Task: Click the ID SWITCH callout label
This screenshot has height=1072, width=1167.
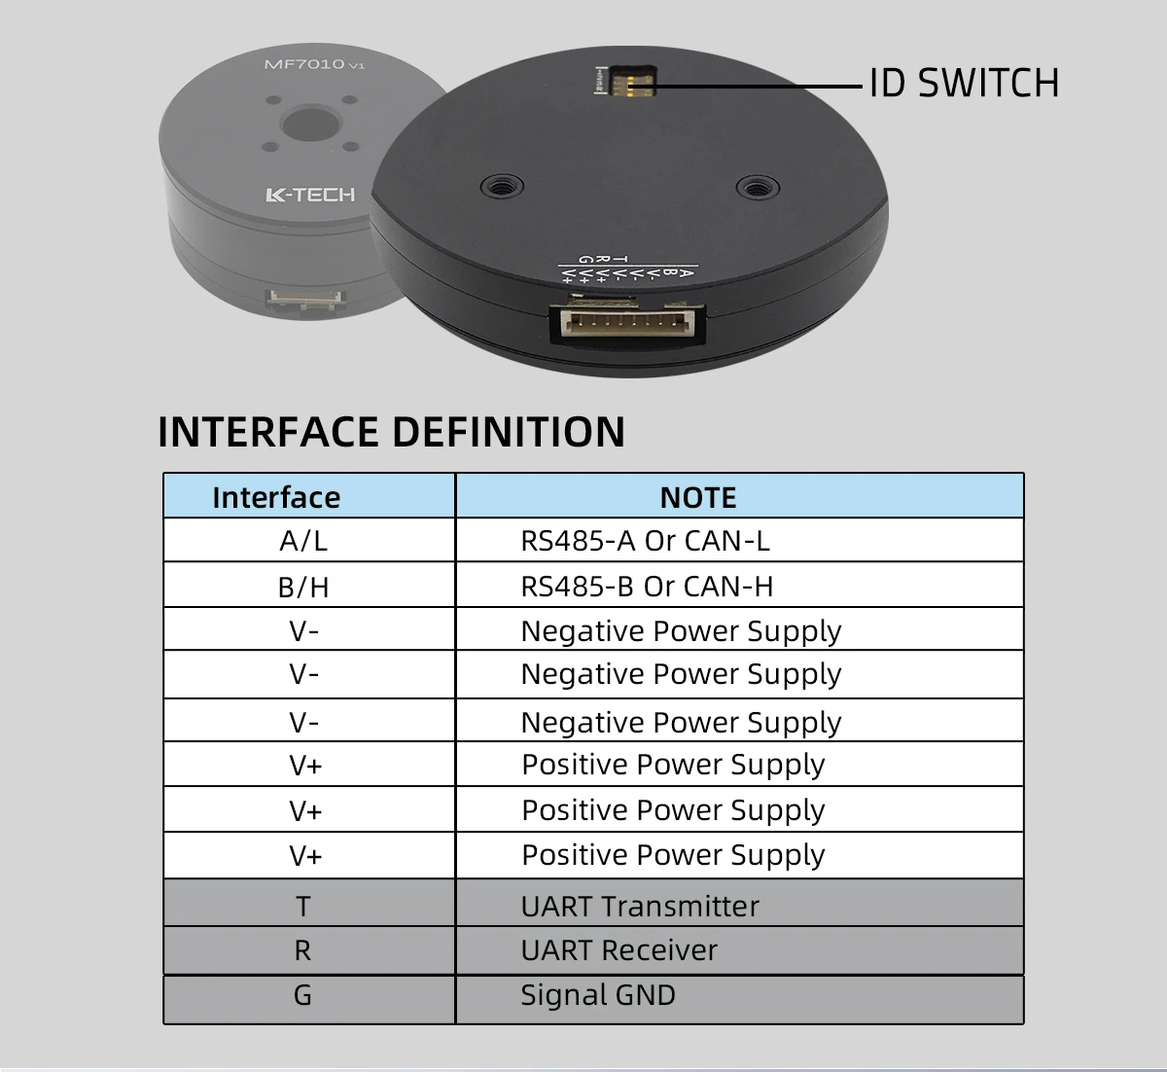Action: pyautogui.click(x=963, y=84)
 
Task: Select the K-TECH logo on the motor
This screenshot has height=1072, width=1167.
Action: pyautogui.click(x=310, y=195)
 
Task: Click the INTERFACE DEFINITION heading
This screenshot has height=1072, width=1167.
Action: pyautogui.click(x=391, y=432)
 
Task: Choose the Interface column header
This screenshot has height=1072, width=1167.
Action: pyautogui.click(x=276, y=497)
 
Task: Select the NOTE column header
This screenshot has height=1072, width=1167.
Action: pyautogui.click(x=697, y=497)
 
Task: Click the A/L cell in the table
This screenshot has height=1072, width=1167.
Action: pyautogui.click(x=303, y=540)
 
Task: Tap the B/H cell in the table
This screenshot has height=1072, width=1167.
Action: pyautogui.click(x=303, y=587)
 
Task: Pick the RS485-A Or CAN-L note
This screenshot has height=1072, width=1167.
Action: pyautogui.click(x=645, y=540)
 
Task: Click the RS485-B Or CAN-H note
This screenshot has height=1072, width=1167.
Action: pyautogui.click(x=647, y=587)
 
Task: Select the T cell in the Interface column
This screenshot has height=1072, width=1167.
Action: pyautogui.click(x=303, y=906)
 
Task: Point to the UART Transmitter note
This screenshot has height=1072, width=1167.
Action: pyautogui.click(x=640, y=906)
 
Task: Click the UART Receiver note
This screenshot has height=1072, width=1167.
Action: pyautogui.click(x=619, y=950)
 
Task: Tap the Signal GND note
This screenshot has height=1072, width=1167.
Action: pyautogui.click(x=597, y=995)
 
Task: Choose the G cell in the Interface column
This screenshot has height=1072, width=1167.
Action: pyautogui.click(x=303, y=995)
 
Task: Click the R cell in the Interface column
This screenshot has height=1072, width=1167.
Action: pyautogui.click(x=303, y=950)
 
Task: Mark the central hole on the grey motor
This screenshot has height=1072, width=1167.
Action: pyautogui.click(x=309, y=125)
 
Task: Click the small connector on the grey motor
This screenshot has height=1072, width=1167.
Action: pyautogui.click(x=305, y=301)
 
